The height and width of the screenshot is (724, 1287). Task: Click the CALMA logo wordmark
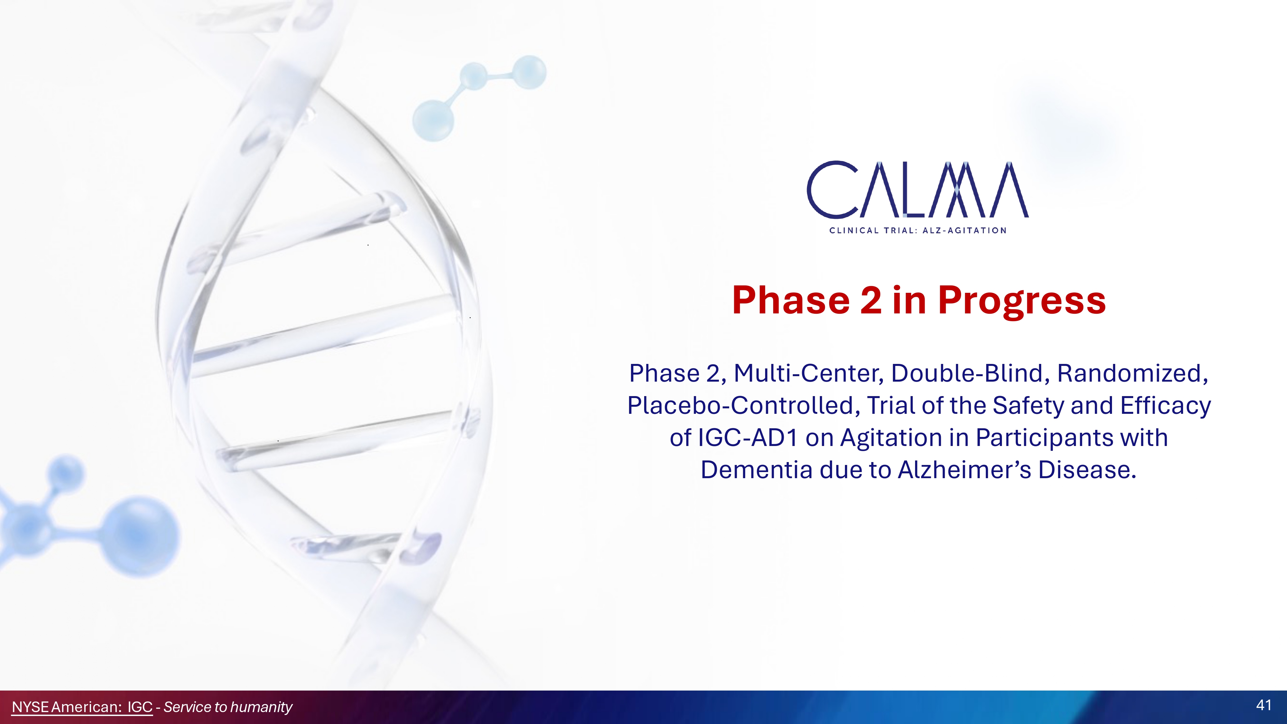click(x=918, y=190)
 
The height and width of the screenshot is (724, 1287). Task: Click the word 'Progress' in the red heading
click(x=1022, y=301)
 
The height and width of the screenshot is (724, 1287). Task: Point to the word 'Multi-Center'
click(x=810, y=373)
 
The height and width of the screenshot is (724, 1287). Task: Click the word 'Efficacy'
click(x=1166, y=406)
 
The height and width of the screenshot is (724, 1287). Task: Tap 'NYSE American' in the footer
click(x=67, y=707)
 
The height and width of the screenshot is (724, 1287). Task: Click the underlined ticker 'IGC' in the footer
click(x=140, y=707)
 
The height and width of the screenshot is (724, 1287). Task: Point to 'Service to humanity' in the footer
click(x=228, y=707)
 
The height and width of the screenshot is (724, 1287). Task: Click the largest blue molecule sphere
click(x=141, y=535)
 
